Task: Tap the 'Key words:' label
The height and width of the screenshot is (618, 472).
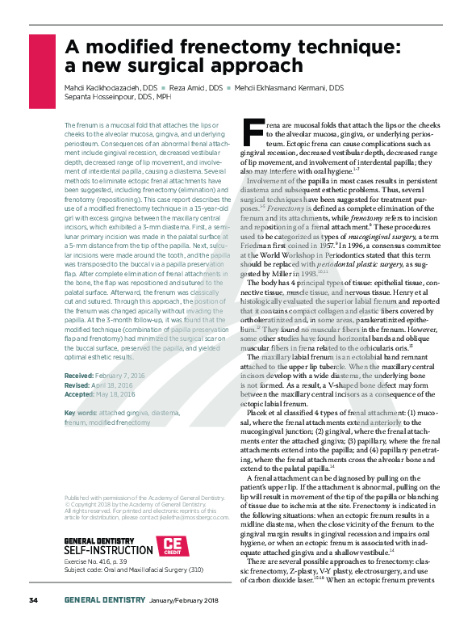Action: pyautogui.click(x=81, y=413)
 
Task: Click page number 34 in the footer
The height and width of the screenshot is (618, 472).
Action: pyautogui.click(x=34, y=600)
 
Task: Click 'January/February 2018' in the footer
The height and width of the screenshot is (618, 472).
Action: pyautogui.click(x=189, y=600)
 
